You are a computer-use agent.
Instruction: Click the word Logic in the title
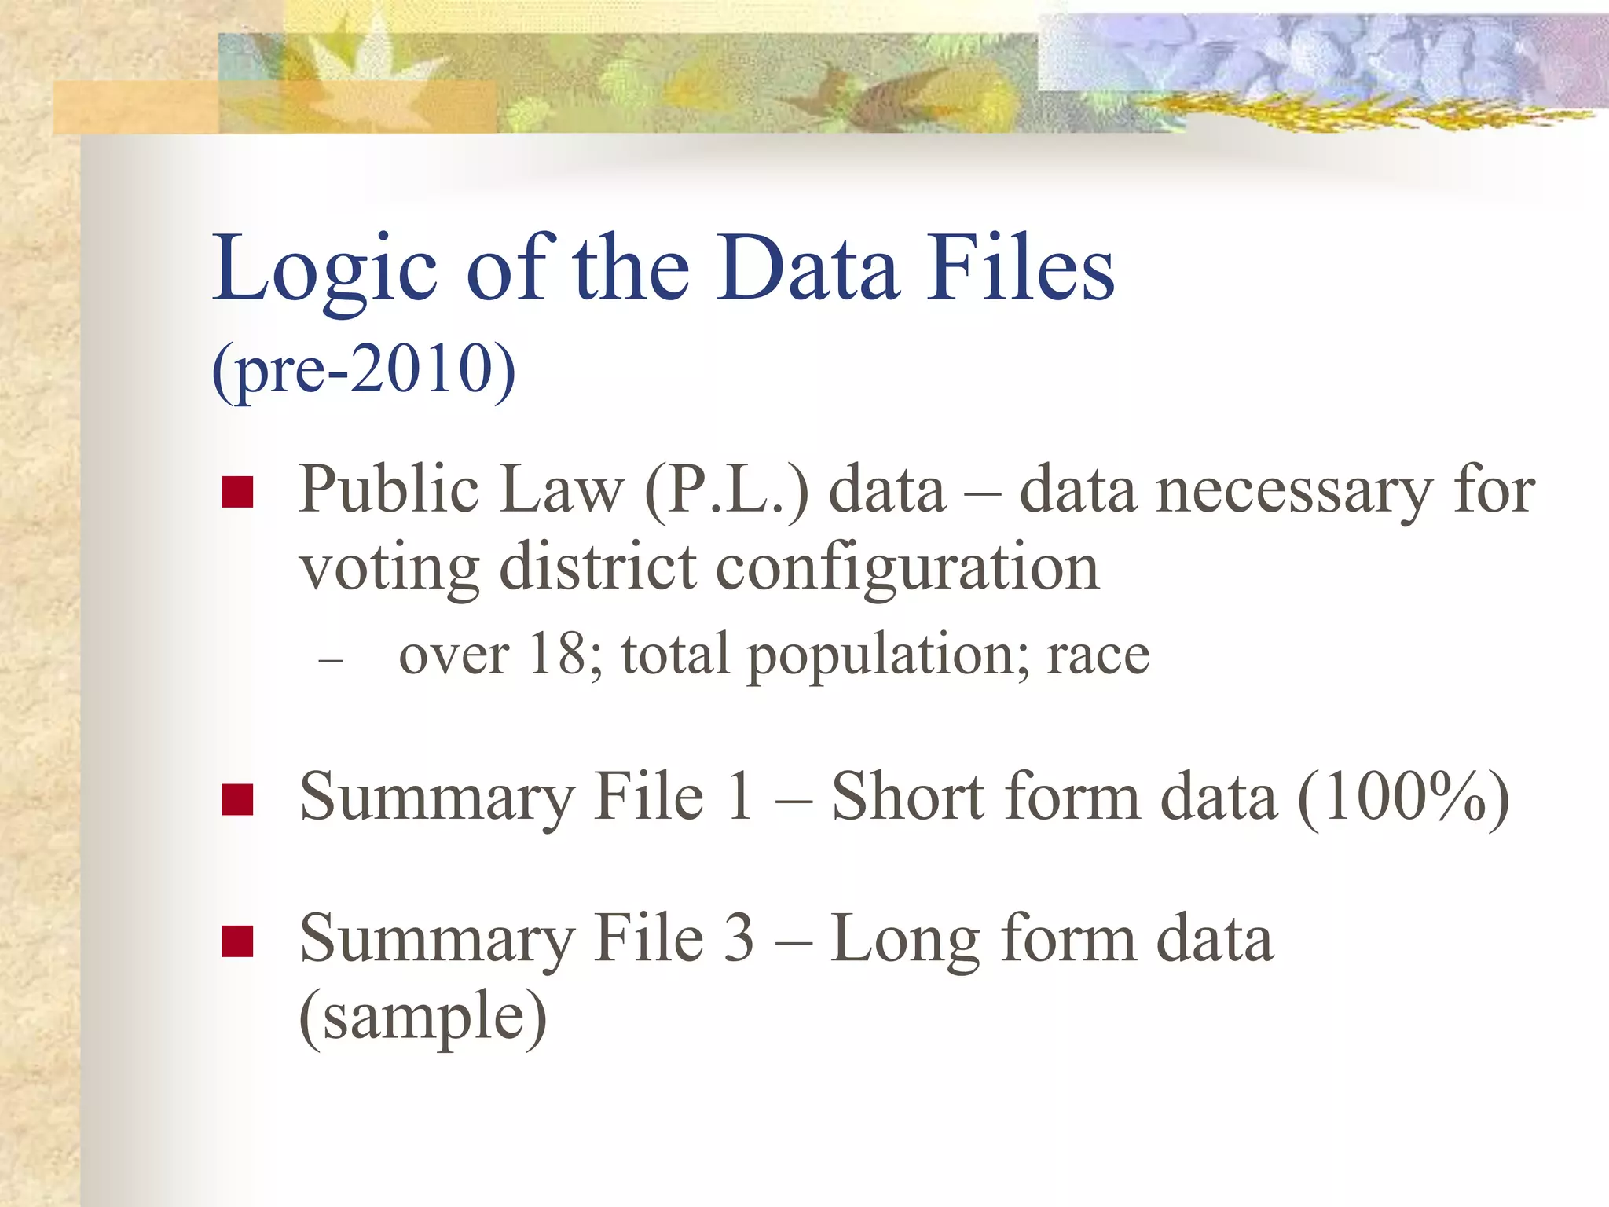tap(324, 270)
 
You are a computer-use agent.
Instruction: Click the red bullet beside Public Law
tap(237, 493)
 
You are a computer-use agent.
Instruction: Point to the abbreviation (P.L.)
tap(726, 490)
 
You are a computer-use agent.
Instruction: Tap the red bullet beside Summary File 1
tap(237, 800)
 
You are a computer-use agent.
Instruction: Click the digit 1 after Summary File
tap(739, 797)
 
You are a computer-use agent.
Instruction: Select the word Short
tap(907, 797)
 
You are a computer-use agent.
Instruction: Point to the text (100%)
tap(1403, 798)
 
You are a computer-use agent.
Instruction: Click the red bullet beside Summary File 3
tap(237, 941)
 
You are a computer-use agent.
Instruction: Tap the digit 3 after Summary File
tap(739, 938)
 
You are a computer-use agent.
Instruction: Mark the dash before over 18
tap(331, 659)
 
